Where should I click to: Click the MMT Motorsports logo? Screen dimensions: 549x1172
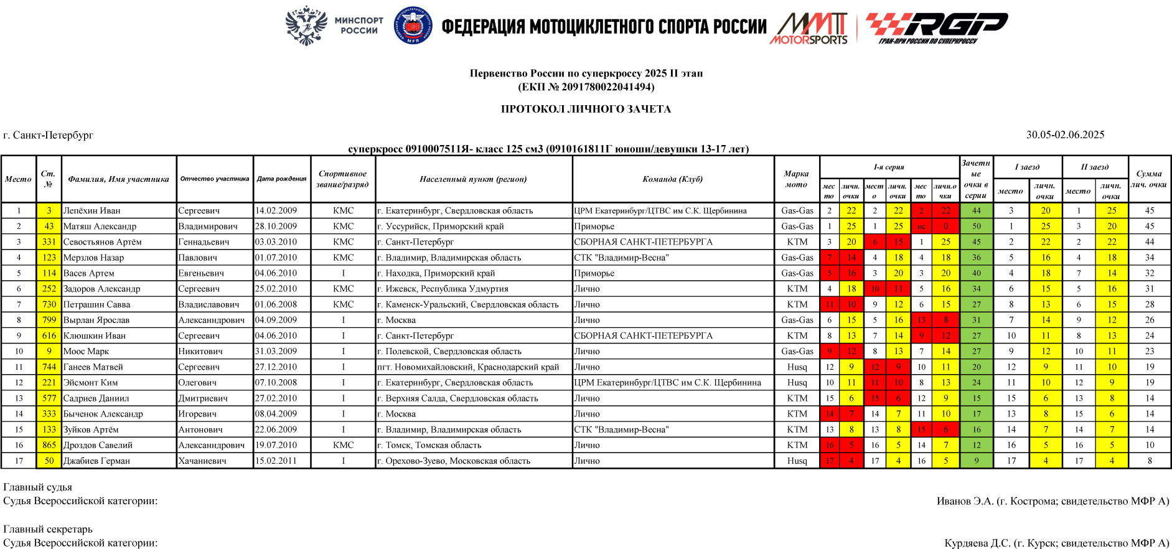tap(809, 29)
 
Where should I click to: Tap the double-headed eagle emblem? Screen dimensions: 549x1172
tap(306, 26)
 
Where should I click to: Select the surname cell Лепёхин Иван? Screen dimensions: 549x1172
tap(92, 211)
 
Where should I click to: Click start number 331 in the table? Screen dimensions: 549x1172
tap(49, 242)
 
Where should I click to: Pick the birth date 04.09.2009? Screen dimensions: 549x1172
tap(276, 320)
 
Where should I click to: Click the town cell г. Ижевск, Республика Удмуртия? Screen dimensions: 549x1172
tap(443, 289)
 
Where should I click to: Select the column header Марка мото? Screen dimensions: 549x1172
tap(796, 179)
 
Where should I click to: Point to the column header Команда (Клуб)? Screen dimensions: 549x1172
tap(672, 179)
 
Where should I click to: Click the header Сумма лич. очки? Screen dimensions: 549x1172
tap(1149, 179)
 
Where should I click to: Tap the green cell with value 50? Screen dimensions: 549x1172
tap(976, 227)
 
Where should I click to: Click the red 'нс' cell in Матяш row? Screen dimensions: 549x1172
tap(921, 227)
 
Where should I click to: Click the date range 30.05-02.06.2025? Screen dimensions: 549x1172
tap(1065, 135)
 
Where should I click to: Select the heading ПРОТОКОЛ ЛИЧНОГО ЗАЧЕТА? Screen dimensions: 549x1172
tap(586, 110)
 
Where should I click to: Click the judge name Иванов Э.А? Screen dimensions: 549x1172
tap(965, 502)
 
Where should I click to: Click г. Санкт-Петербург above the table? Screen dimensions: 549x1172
tap(49, 135)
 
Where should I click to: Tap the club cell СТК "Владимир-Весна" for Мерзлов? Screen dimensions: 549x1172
tap(621, 258)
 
